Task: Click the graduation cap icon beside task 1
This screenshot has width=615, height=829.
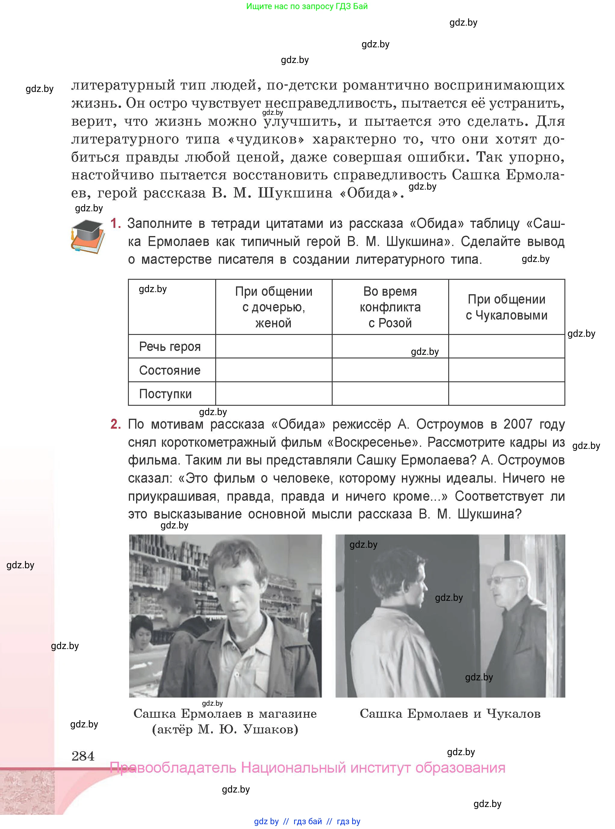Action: point(88,236)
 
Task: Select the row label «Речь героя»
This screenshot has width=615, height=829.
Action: point(170,347)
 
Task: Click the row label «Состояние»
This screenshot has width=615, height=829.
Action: point(170,370)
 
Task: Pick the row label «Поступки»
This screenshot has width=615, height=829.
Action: point(165,394)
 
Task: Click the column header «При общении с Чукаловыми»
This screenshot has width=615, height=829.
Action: point(506,307)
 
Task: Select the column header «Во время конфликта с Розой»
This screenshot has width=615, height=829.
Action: point(390,307)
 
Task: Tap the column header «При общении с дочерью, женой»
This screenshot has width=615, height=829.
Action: point(274,307)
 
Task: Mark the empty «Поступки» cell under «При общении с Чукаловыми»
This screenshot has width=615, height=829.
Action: point(506,394)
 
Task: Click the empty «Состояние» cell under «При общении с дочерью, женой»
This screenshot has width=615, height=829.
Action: point(274,370)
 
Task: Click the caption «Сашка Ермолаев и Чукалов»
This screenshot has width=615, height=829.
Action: point(450,714)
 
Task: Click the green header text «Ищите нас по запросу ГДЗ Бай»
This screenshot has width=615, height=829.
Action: point(307,6)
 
